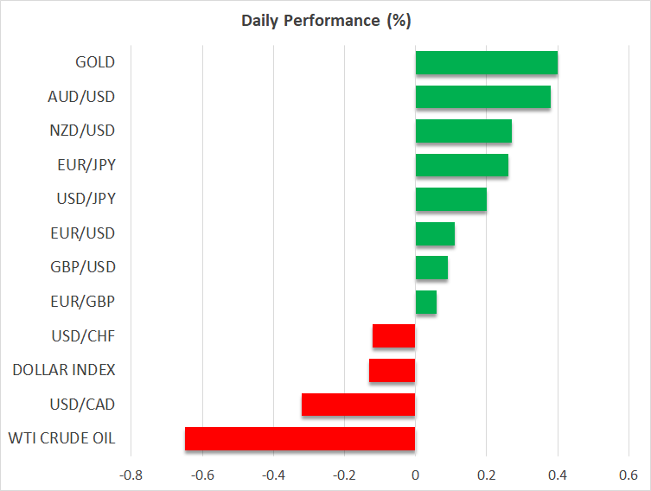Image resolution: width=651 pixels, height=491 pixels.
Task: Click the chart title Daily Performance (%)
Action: point(325,20)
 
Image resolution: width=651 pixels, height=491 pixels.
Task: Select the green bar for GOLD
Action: point(486,63)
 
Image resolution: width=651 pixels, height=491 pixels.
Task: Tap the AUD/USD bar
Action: point(482,97)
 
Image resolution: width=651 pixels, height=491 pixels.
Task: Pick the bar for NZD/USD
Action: point(463,131)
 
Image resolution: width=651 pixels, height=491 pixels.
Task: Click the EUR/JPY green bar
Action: point(462,165)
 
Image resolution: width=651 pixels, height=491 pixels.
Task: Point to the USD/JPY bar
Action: point(450,200)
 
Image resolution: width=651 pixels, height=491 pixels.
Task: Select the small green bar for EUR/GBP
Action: point(425,302)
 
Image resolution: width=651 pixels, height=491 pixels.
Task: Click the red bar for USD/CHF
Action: point(394,336)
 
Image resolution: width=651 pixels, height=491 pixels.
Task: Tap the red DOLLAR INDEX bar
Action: point(393,370)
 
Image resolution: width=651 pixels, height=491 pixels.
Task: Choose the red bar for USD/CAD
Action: point(359,405)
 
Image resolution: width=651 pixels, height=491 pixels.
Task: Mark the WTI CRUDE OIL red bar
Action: point(300,438)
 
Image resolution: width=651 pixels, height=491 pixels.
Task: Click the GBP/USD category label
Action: point(83,267)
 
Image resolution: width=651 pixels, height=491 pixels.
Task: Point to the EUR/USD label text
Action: point(83,233)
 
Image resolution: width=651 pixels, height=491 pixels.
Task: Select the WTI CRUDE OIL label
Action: point(63,438)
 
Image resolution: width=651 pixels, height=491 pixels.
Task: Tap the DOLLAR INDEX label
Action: point(64,370)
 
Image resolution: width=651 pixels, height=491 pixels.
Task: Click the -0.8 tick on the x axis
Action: point(131,475)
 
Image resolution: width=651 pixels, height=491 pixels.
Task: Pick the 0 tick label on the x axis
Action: point(415,475)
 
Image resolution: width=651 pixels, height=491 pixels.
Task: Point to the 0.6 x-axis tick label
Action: point(629,475)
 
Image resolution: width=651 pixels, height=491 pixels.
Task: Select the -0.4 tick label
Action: point(273,475)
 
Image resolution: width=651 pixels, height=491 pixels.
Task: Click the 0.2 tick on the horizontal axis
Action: point(486,475)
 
